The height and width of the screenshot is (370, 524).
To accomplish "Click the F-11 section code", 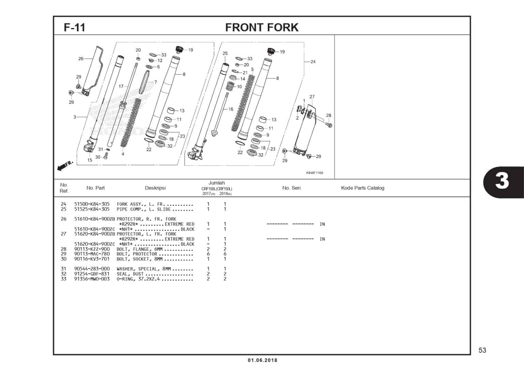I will click(74, 27).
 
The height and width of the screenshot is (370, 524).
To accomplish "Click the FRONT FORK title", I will click(262, 27).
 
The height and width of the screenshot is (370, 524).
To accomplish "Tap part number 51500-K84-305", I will click(92, 204).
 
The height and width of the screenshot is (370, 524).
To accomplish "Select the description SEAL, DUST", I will click(131, 274).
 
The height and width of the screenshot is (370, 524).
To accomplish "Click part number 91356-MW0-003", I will click(92, 279).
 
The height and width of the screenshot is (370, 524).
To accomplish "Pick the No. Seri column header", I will click(291, 188).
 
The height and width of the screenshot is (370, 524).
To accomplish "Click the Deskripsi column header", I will click(155, 188).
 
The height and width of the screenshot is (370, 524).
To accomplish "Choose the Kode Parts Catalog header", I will click(362, 188).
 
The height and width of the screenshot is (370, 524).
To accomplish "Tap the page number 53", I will click(482, 350).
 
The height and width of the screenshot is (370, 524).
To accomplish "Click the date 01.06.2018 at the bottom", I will click(262, 360).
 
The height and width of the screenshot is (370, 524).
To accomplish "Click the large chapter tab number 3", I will click(502, 181).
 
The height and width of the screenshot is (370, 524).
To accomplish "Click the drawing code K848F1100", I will click(314, 173).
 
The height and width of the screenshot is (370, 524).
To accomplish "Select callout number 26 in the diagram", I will click(81, 59).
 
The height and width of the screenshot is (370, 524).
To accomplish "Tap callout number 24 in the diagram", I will click(313, 62).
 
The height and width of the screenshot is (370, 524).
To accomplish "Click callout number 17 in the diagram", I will click(121, 87).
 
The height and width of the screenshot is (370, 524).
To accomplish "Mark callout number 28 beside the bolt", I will click(329, 115).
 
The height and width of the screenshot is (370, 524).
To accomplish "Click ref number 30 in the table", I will click(64, 259).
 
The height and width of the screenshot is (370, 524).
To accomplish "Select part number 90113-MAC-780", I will click(92, 254).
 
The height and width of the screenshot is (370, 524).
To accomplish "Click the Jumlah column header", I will click(217, 183).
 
